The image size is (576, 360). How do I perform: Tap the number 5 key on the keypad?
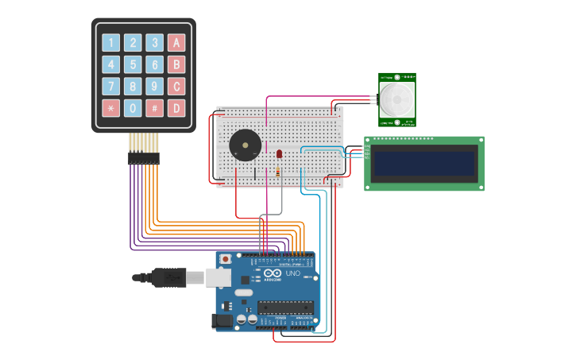click(x=133, y=64)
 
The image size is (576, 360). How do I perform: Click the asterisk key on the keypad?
click(x=110, y=107)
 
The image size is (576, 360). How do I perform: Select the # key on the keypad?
click(x=154, y=107)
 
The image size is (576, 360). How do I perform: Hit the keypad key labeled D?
click(x=176, y=107)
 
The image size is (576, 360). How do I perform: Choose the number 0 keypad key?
click(x=133, y=107)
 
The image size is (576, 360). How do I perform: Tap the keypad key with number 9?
click(x=154, y=86)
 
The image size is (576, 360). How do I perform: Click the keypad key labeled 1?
click(x=110, y=43)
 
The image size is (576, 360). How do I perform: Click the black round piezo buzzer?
click(x=245, y=145)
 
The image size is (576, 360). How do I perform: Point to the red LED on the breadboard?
click(x=279, y=153)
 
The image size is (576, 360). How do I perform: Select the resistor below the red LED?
click(x=277, y=170)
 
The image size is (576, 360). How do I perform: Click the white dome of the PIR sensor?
click(x=396, y=99)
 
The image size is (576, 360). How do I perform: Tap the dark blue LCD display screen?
click(x=424, y=163)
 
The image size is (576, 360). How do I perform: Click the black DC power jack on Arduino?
click(x=222, y=320)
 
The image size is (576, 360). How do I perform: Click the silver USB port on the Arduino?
click(x=218, y=277)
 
